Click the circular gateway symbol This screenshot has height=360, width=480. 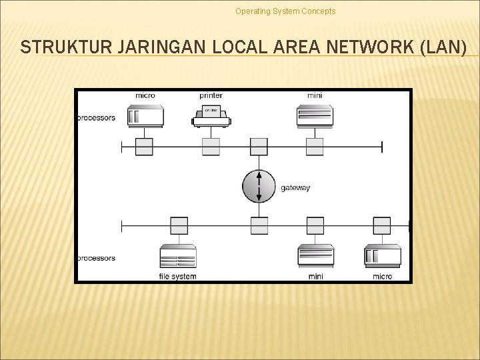pyautogui.click(x=259, y=186)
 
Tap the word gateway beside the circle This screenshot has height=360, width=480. pyautogui.click(x=295, y=188)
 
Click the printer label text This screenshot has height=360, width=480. pyautogui.click(x=211, y=95)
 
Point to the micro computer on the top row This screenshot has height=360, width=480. pyautogui.click(x=145, y=116)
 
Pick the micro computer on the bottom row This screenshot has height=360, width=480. pyautogui.click(x=383, y=255)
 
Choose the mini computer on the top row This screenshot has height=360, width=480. pyautogui.click(x=315, y=116)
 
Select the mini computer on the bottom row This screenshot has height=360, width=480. pyautogui.click(x=315, y=256)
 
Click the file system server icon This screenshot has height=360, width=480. pyautogui.click(x=178, y=256)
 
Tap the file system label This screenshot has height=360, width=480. pyautogui.click(x=178, y=276)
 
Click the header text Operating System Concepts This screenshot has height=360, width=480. pyautogui.click(x=285, y=11)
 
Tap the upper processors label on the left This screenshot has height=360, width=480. pyautogui.click(x=95, y=118)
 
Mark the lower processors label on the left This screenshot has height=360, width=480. pyautogui.click(x=95, y=258)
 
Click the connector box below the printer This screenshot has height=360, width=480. pyautogui.click(x=211, y=147)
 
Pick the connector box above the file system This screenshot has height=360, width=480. pyautogui.click(x=179, y=226)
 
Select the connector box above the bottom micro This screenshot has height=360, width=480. pyautogui.click(x=382, y=226)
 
